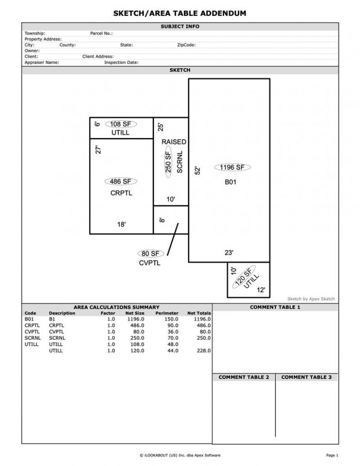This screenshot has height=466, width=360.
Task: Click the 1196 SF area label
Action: tap(232, 167)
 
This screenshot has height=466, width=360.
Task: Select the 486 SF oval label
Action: tap(121, 181)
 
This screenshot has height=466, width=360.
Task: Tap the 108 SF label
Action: tap(121, 124)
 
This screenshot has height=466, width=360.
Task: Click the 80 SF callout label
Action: tap(150, 254)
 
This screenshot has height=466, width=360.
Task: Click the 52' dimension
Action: tap(197, 171)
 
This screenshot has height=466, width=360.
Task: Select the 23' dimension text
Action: tap(229, 253)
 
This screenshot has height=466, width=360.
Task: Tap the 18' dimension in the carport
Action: tap(121, 224)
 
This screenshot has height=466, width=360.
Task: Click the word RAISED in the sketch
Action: tap(174, 142)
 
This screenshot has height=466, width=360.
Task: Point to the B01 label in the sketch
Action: tap(230, 182)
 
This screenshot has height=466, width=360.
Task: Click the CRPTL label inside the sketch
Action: tap(121, 193)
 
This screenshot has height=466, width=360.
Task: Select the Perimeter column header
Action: tap(167, 313)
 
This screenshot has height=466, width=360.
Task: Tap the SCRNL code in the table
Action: tap(32, 338)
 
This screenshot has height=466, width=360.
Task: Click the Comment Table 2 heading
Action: tap(243, 377)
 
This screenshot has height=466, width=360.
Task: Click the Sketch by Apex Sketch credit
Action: tap(311, 299)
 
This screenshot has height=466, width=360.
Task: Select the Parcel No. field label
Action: tap(101, 33)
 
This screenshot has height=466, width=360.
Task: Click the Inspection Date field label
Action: tap(121, 63)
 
